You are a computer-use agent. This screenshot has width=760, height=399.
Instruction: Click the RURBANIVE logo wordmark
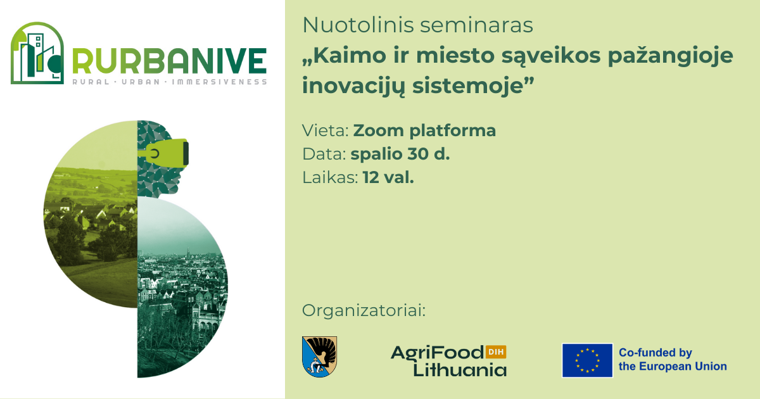(169, 61)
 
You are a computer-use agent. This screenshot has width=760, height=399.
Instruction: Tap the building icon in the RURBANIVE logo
(37, 53)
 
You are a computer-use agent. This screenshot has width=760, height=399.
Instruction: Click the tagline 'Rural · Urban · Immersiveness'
(170, 82)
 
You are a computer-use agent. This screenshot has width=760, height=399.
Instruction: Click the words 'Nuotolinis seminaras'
(417, 25)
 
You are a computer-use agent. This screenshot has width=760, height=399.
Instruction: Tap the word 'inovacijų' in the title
(353, 86)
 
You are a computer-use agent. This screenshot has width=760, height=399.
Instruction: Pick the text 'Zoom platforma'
(424, 130)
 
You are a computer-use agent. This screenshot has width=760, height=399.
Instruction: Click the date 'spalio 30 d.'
(400, 154)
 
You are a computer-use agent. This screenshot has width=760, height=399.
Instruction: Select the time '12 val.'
(388, 177)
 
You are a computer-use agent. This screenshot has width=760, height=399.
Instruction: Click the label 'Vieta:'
(326, 130)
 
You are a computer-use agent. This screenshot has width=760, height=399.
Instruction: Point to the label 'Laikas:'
(330, 177)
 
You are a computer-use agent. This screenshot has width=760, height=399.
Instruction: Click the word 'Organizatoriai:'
(364, 310)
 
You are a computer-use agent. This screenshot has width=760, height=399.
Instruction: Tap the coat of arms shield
(319, 357)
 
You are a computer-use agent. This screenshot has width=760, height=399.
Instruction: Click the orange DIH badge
(496, 352)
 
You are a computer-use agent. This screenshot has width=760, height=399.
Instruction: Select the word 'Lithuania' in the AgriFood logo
(460, 369)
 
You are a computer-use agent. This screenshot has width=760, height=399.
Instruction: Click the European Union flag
(587, 360)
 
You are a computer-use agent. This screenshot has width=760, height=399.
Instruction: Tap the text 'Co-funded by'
(655, 353)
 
